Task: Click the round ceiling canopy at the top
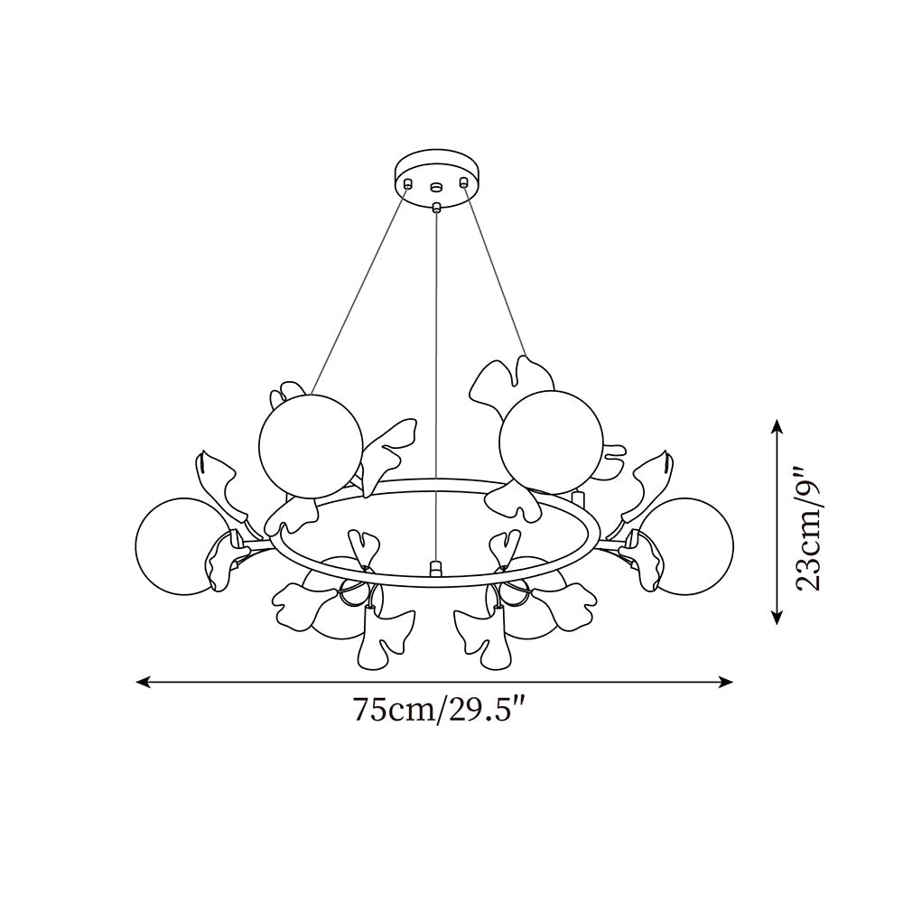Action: tap(437, 171)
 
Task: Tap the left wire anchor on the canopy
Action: tap(408, 184)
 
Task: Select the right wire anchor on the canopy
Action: tap(465, 184)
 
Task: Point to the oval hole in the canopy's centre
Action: tap(437, 188)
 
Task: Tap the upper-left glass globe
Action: tap(309, 444)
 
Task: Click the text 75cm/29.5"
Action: tap(439, 710)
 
